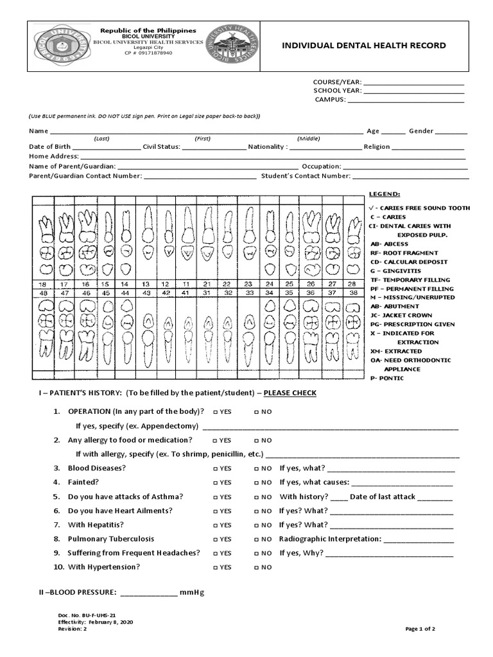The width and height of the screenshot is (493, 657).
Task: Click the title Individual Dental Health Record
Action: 359,46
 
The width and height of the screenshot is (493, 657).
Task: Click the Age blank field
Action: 394,133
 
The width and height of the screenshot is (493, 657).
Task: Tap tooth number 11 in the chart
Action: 186,284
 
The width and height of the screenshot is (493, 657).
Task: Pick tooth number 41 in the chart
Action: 186,292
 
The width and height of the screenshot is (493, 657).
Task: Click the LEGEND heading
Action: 385,193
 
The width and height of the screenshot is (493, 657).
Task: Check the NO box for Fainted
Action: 257,482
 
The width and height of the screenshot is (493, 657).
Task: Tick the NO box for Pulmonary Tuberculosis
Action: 257,540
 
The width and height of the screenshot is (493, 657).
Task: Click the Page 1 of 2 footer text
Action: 420,629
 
